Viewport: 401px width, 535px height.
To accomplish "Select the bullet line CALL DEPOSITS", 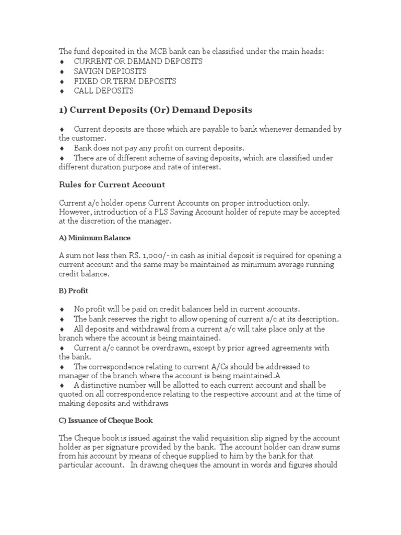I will [x=103, y=91].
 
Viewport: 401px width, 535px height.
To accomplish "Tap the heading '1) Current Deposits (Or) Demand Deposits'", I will [x=155, y=110].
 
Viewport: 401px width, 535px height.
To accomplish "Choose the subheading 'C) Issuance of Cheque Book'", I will [x=106, y=421].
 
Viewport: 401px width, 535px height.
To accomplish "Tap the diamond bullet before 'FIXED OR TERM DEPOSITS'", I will [x=62, y=82].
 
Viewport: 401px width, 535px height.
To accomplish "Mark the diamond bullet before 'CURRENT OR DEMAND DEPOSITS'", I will [x=62, y=62].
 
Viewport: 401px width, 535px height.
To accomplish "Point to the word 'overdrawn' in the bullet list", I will [x=157, y=348].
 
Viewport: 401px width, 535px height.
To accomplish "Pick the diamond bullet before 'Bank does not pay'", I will [x=62, y=148].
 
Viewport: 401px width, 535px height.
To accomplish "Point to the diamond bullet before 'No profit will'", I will [x=62, y=309].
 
